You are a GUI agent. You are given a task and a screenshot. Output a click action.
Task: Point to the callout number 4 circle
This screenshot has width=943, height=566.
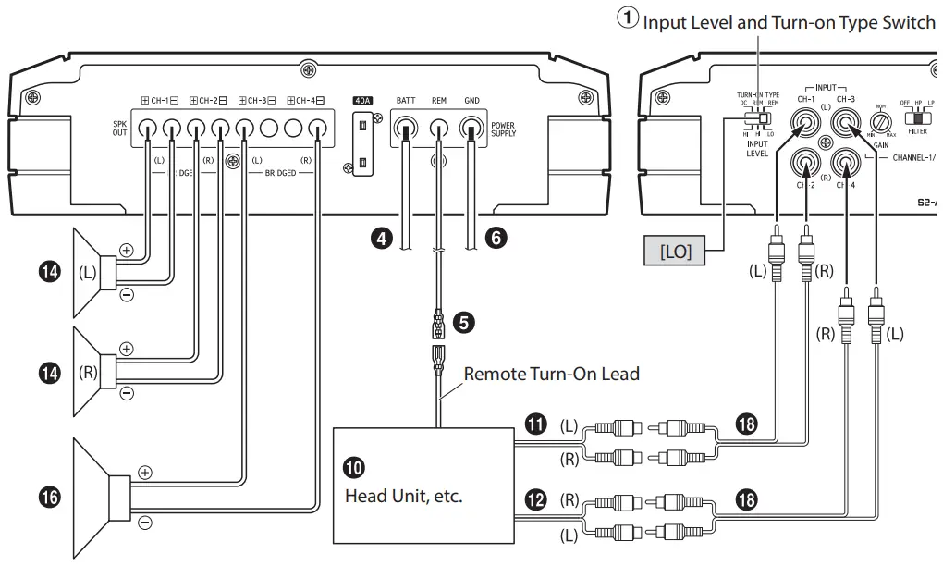pos(378,238)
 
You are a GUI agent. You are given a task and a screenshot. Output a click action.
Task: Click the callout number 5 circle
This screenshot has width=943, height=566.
pos(465,322)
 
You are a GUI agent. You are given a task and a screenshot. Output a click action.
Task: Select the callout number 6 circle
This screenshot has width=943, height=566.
pos(496,238)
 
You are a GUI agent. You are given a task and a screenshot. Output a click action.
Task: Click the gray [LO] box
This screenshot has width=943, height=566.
pos(676,251)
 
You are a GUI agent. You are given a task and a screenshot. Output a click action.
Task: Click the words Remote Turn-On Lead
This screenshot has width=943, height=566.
pos(551,375)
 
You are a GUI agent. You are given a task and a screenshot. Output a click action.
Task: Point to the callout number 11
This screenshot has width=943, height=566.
pos(534,424)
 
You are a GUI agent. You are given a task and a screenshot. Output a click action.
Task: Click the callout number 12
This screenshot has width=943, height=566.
pos(534,500)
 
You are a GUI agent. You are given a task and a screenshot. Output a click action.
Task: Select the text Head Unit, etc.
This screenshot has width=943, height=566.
pos(403,496)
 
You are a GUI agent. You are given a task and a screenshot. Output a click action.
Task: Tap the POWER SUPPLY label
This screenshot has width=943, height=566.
pos(504,129)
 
